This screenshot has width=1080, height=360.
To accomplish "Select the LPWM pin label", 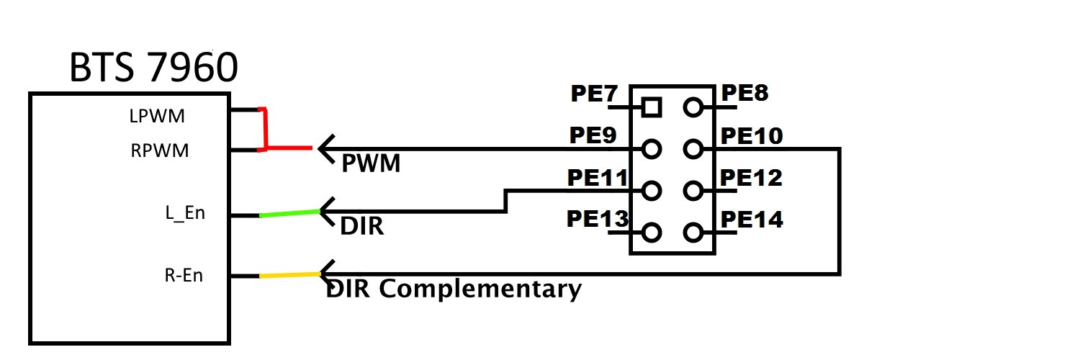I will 156,115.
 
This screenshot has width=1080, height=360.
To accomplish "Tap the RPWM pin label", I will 160,151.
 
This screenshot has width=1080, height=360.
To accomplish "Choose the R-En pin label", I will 184,276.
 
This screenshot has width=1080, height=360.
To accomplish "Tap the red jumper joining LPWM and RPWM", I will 266,130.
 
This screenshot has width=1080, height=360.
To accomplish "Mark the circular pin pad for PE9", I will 651,150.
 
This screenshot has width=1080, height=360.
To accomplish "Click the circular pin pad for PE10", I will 693,150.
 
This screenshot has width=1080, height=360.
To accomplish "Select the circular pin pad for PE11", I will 651,192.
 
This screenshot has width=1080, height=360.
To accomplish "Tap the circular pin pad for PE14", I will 693,233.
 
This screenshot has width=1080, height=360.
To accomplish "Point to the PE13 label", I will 598,219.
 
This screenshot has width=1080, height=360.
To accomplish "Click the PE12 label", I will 750,177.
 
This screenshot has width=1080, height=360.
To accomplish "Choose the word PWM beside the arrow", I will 370,165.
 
